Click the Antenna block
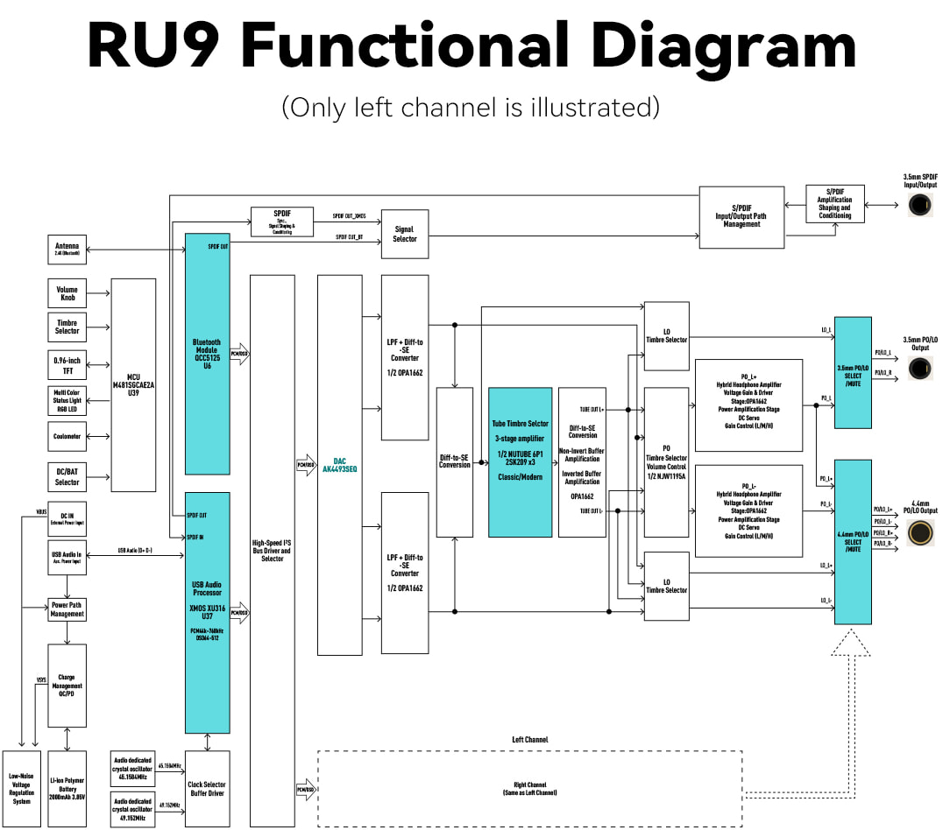(67, 250)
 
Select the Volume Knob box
(67, 293)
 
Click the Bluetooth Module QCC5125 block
(207, 354)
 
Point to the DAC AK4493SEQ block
(339, 465)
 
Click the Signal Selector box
(405, 234)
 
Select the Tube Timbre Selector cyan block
(520, 462)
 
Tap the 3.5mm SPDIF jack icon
(919, 205)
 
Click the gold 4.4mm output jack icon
(920, 532)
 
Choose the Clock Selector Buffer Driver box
(207, 788)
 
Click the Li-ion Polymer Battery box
(67, 788)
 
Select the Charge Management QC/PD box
(67, 686)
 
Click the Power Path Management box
(67, 609)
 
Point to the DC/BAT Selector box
(67, 477)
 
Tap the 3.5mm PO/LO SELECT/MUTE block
(853, 372)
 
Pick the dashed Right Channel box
(529, 788)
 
